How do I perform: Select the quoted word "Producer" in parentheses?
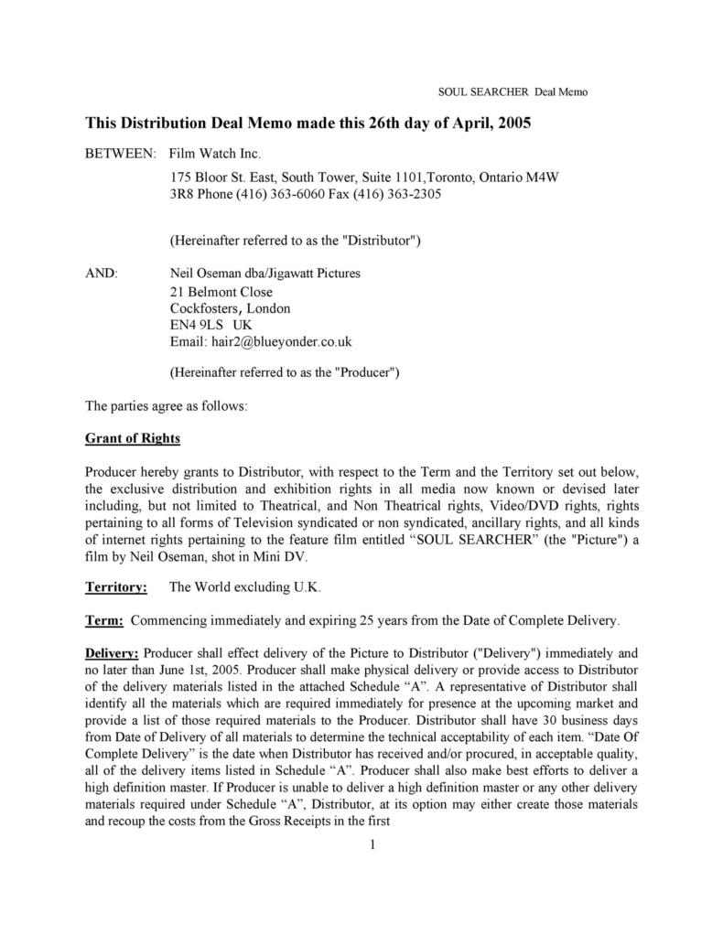[362, 373]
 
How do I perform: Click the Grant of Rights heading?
[133, 437]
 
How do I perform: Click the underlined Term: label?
[104, 620]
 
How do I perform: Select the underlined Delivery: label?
[112, 653]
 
